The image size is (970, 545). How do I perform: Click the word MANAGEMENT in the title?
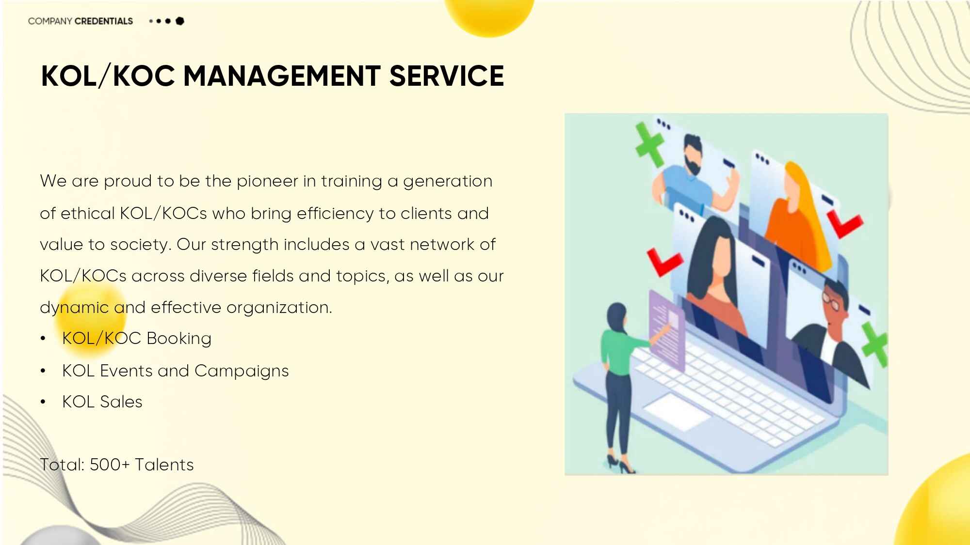tap(281, 76)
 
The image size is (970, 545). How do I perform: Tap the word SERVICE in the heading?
tap(447, 76)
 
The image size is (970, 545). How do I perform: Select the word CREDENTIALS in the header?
tap(104, 21)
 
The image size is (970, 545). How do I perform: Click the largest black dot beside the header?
tap(180, 21)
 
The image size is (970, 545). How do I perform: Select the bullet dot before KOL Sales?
tap(43, 402)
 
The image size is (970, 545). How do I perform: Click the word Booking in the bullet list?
tap(178, 339)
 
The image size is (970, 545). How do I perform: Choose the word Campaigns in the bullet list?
tap(242, 371)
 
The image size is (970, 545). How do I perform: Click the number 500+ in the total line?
tap(110, 465)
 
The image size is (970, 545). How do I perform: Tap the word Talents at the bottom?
tap(164, 465)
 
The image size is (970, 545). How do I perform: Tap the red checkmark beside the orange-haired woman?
tap(845, 224)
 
